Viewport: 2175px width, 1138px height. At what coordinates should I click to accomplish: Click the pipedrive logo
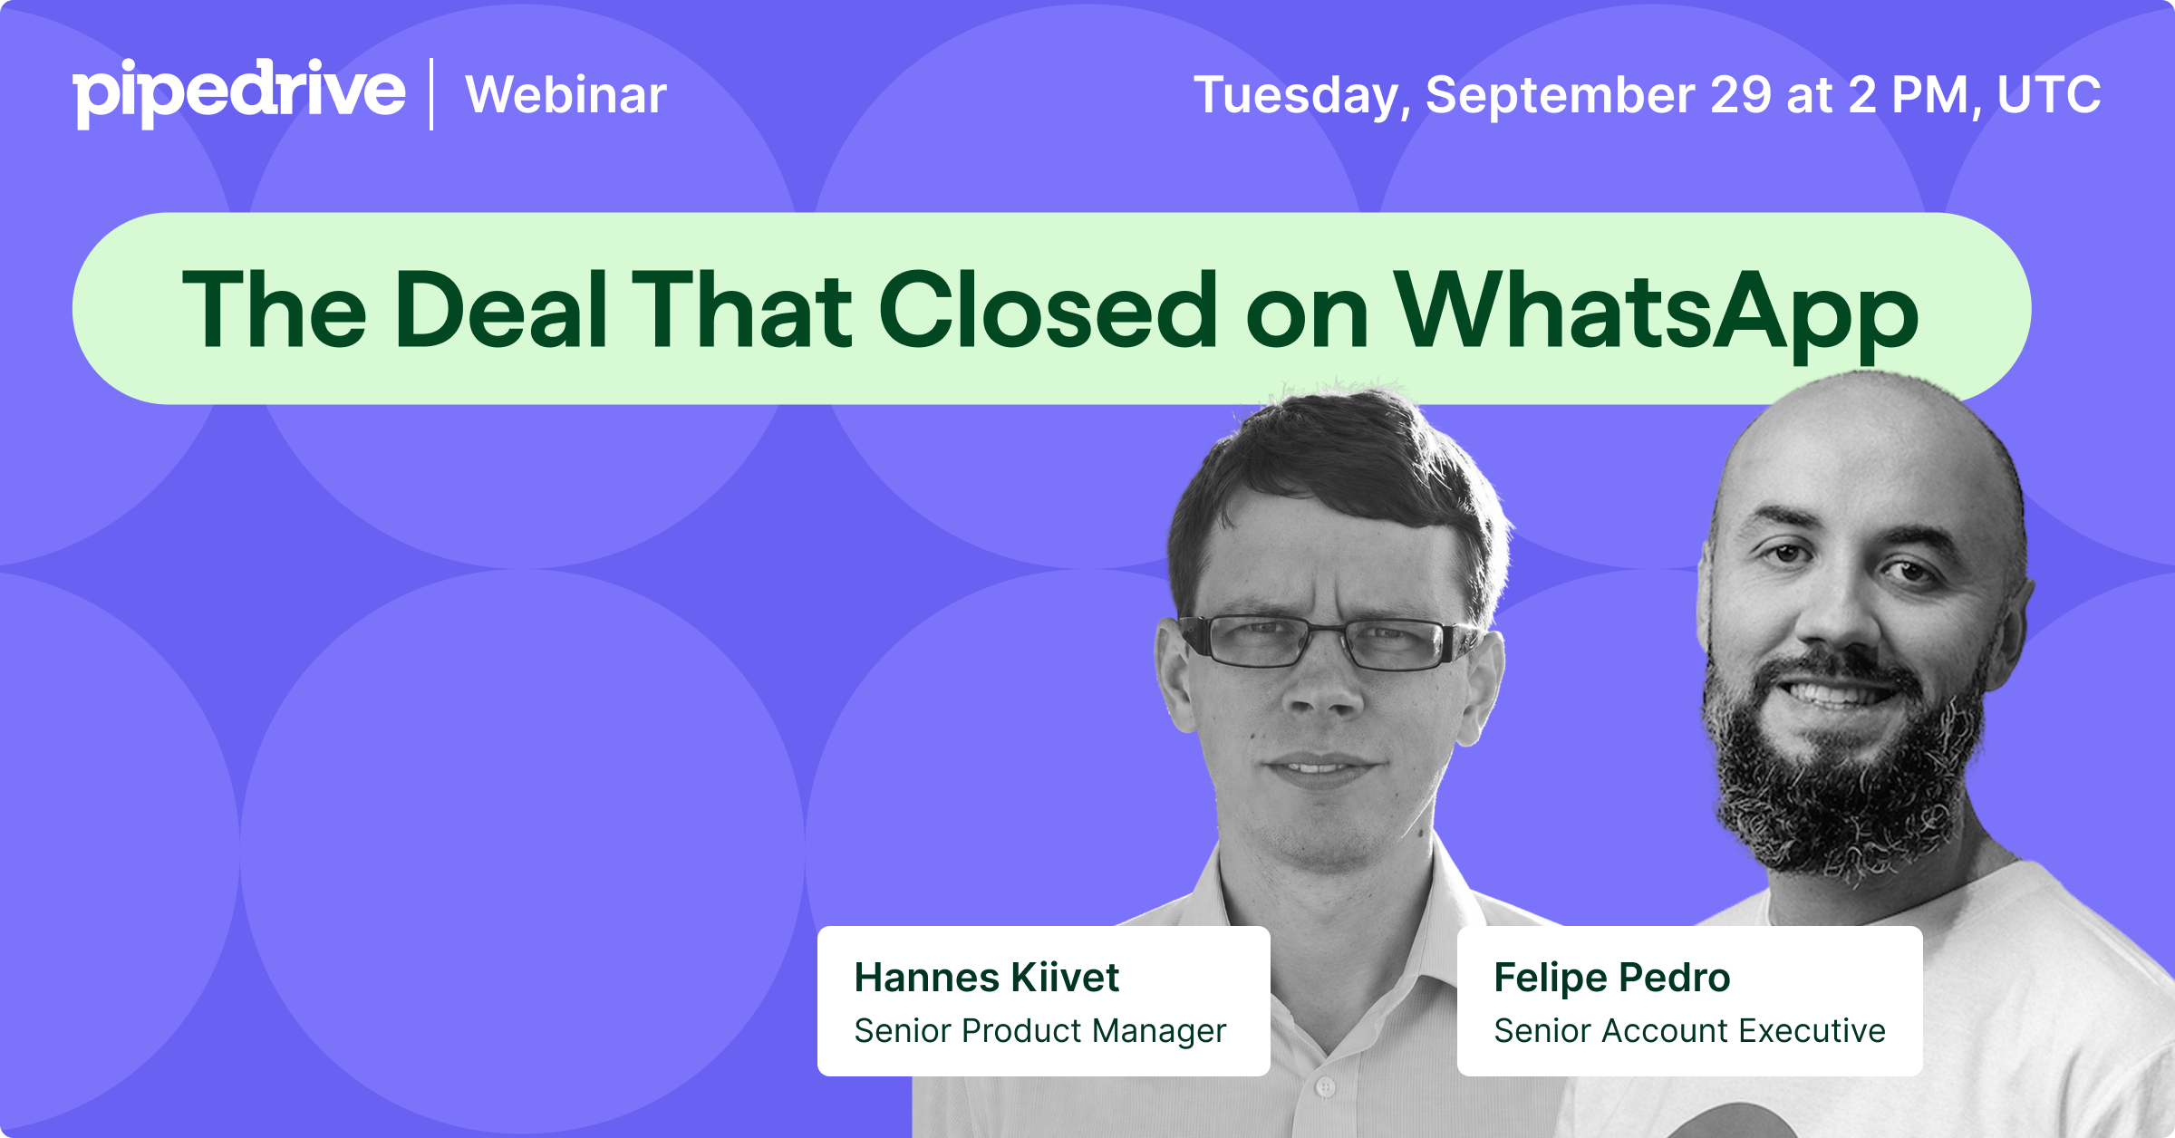point(238,92)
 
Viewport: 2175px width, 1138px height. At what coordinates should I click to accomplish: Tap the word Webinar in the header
point(566,94)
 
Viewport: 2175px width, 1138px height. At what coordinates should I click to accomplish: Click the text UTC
point(2049,94)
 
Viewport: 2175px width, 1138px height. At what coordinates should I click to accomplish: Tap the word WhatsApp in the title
point(1657,310)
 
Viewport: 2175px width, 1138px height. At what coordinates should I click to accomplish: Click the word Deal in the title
point(501,310)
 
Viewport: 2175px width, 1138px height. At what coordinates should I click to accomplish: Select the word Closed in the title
point(1049,310)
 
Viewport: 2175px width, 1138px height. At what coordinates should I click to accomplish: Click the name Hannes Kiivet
point(987,978)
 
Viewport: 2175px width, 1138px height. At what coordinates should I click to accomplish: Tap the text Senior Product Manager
point(1040,1031)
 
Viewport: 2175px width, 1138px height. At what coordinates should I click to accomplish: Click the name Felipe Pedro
point(1612,978)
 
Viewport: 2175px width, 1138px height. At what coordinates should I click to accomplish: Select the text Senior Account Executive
point(1690,1031)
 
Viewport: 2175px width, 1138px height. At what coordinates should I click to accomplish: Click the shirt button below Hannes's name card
point(1325,1086)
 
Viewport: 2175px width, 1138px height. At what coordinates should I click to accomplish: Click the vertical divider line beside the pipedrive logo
point(431,94)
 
